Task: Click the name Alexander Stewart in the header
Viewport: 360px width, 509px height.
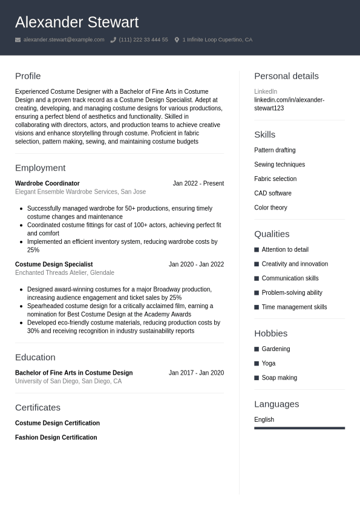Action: pos(77,22)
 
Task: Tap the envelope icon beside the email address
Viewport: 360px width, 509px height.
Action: pos(18,40)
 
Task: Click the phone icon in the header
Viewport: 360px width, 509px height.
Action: pos(113,40)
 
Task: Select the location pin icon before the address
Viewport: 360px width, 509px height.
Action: pos(177,40)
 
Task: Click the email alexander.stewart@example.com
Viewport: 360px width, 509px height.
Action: pos(64,40)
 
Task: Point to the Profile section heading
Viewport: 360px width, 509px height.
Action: pos(28,76)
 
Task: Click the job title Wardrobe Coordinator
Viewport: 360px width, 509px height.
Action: pos(47,183)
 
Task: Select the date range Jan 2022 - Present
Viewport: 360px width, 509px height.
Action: pos(198,183)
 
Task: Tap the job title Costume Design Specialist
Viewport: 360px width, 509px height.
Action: pos(54,264)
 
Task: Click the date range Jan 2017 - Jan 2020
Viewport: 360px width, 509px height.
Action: pos(196,373)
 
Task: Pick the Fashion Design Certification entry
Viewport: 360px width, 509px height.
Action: pos(56,438)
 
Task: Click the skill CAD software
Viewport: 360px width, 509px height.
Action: pos(273,194)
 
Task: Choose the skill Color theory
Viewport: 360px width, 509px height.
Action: pos(270,208)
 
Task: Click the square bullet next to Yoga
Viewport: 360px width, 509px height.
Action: pos(257,364)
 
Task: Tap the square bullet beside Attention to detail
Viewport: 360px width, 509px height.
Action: pos(257,250)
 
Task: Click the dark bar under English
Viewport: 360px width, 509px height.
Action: pos(299,428)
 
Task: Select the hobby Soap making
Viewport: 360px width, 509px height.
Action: pos(279,378)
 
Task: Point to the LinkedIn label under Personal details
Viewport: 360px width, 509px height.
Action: pos(266,91)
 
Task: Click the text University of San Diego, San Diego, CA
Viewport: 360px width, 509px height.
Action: pos(68,381)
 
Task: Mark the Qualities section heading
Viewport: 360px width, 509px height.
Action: pos(272,234)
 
